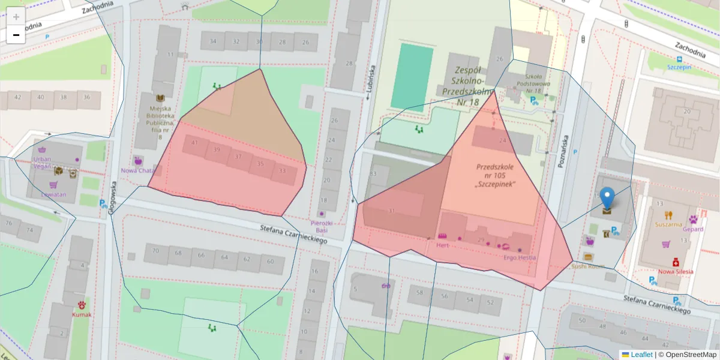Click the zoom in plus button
(x=16, y=17)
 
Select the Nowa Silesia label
(x=676, y=271)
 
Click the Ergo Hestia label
(x=520, y=257)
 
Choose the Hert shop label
(x=443, y=245)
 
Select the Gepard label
(x=693, y=229)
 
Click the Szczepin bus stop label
(x=679, y=67)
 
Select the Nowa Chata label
(x=138, y=170)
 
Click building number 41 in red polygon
(x=194, y=143)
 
